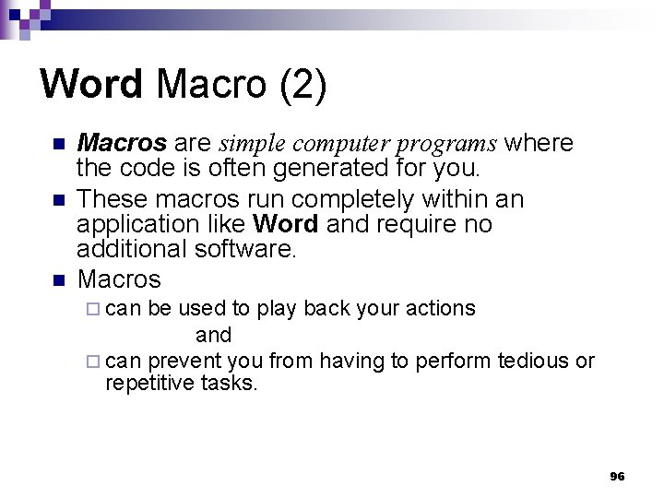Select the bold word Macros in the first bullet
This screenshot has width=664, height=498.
pyautogui.click(x=122, y=144)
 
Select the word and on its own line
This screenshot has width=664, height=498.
pyautogui.click(x=213, y=335)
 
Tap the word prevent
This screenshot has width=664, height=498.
pyautogui.click(x=179, y=362)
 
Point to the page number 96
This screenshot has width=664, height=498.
pyautogui.click(x=617, y=476)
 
